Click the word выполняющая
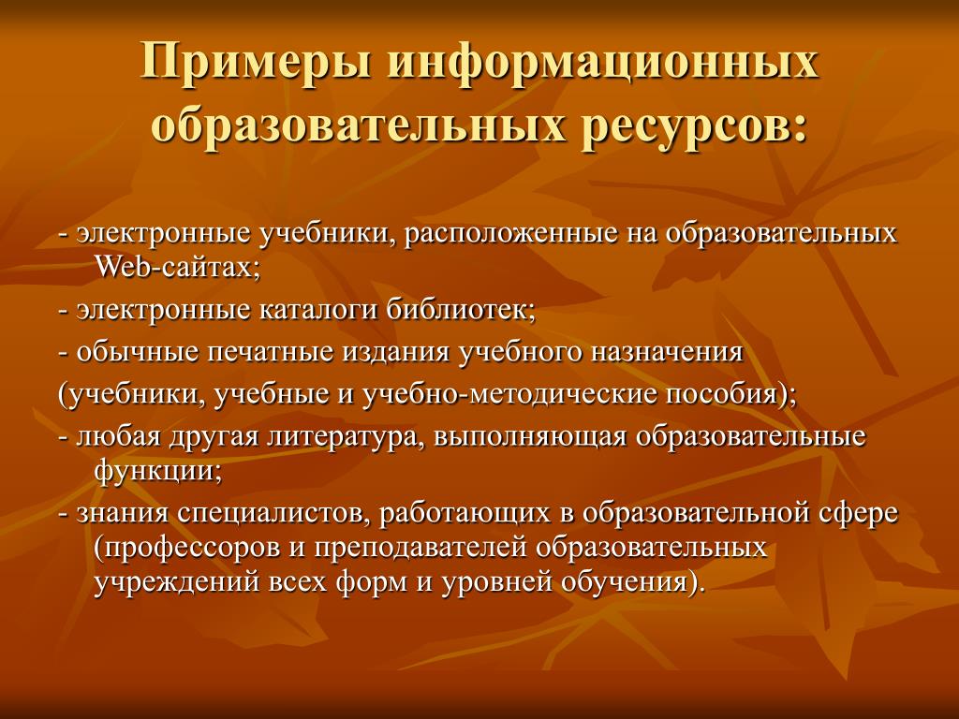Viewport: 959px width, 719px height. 530,438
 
